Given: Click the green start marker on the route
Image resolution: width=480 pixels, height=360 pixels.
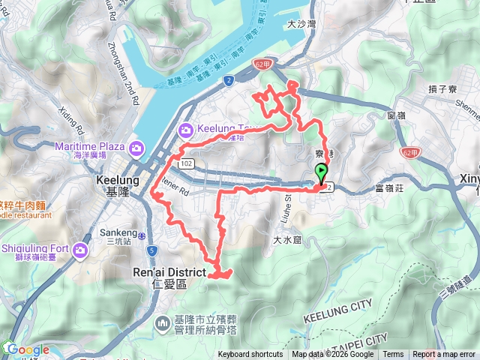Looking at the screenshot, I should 322,172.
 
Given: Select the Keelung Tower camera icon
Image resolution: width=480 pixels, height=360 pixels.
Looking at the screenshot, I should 185,130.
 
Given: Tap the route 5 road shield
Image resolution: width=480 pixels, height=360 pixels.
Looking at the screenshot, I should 152,250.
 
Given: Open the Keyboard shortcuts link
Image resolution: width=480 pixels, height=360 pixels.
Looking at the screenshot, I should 250,355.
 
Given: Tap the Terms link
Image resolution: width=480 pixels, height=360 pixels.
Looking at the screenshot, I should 393,355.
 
